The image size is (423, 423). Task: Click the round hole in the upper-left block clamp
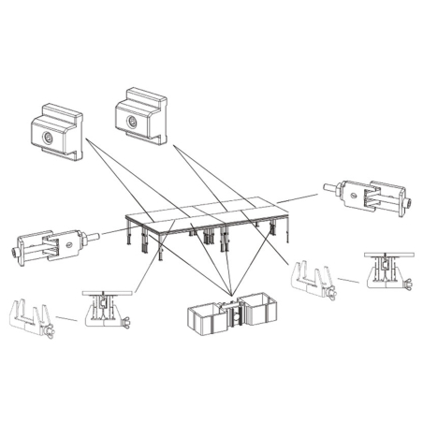tap(48, 137)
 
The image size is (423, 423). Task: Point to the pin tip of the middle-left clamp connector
tap(95, 239)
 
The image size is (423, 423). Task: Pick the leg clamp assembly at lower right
tap(386, 270)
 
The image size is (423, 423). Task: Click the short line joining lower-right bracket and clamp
tap(348, 279)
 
